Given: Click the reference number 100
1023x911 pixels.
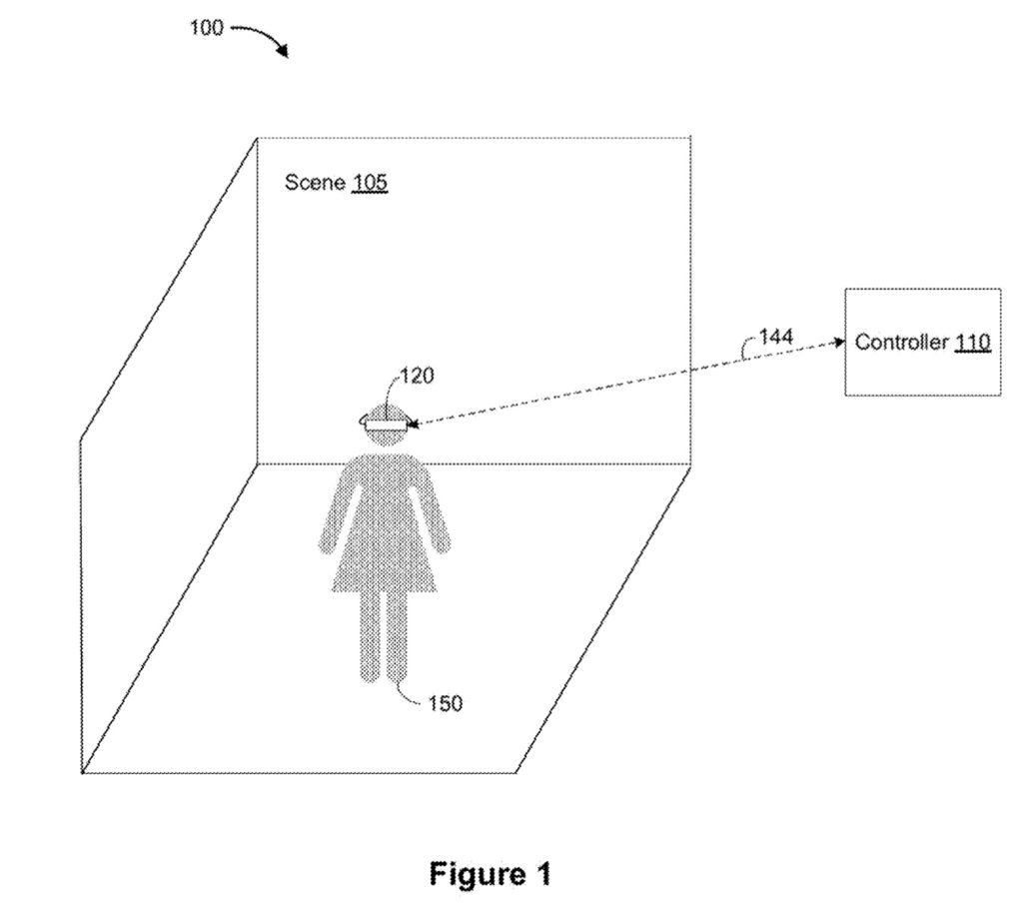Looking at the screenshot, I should pyautogui.click(x=206, y=28).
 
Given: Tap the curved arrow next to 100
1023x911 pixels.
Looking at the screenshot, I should pyautogui.click(x=263, y=37).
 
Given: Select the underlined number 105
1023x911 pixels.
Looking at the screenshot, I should pyautogui.click(x=369, y=183).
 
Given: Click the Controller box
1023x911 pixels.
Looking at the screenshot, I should pyautogui.click(x=922, y=370).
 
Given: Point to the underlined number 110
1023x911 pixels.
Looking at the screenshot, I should pyautogui.click(x=971, y=343).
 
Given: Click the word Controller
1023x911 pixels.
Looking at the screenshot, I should pyautogui.click(x=901, y=343).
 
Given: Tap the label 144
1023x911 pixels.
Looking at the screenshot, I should pyautogui.click(x=776, y=338).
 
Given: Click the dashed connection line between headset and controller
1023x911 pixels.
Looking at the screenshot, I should pyautogui.click(x=619, y=385).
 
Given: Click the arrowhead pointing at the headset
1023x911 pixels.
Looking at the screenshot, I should pyautogui.click(x=414, y=427).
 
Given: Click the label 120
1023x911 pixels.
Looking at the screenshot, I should pyautogui.click(x=417, y=376).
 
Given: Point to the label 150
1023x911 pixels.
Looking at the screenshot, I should pyautogui.click(x=445, y=703).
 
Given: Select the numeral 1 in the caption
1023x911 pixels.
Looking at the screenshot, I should pyautogui.click(x=541, y=875).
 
